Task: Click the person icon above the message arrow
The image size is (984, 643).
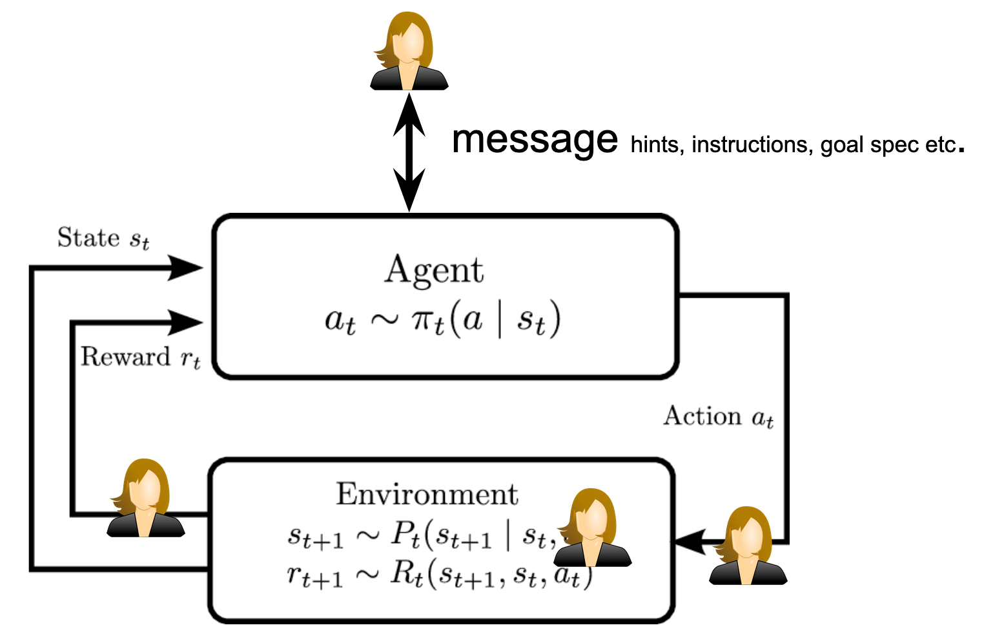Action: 409,52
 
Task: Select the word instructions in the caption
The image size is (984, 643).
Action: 749,144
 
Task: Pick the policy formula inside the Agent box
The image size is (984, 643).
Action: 442,319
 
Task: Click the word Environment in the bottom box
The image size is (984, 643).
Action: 427,495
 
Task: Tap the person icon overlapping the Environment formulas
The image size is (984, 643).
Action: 592,528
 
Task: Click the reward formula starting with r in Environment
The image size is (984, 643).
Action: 439,574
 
